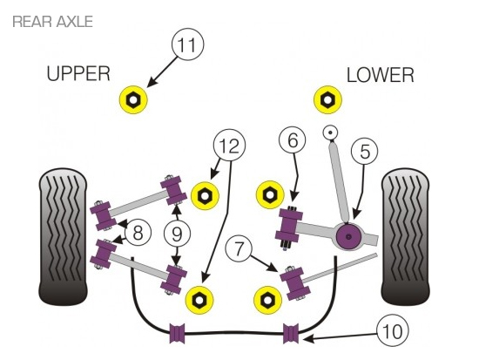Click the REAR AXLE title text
(x=52, y=22)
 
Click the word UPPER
(x=78, y=74)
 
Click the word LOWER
(x=381, y=75)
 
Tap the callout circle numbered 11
(x=187, y=44)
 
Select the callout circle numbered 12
(x=229, y=146)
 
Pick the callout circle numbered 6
(x=293, y=140)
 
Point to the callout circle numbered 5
(x=364, y=151)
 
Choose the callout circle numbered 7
(x=239, y=248)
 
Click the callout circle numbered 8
(x=138, y=233)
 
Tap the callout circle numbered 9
(x=177, y=234)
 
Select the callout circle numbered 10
(x=392, y=331)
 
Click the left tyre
(x=63, y=236)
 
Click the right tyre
(x=405, y=236)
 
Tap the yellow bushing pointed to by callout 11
(x=133, y=99)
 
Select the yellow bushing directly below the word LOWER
(x=327, y=99)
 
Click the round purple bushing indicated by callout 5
(x=348, y=237)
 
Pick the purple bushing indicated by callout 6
(x=288, y=225)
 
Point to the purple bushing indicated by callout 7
(x=295, y=283)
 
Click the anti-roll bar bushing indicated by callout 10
(x=291, y=333)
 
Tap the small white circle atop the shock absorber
(x=330, y=132)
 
